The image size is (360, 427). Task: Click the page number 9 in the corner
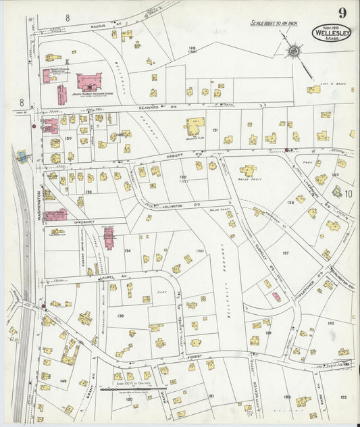(x=343, y=13)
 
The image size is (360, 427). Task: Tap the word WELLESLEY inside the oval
(x=331, y=32)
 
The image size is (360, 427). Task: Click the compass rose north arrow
(x=294, y=51)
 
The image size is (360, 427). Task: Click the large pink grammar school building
(x=88, y=82)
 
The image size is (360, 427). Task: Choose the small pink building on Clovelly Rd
(x=276, y=296)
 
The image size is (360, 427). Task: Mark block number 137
(x=285, y=253)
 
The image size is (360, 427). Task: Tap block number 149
(x=63, y=382)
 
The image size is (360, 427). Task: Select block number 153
(x=344, y=397)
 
